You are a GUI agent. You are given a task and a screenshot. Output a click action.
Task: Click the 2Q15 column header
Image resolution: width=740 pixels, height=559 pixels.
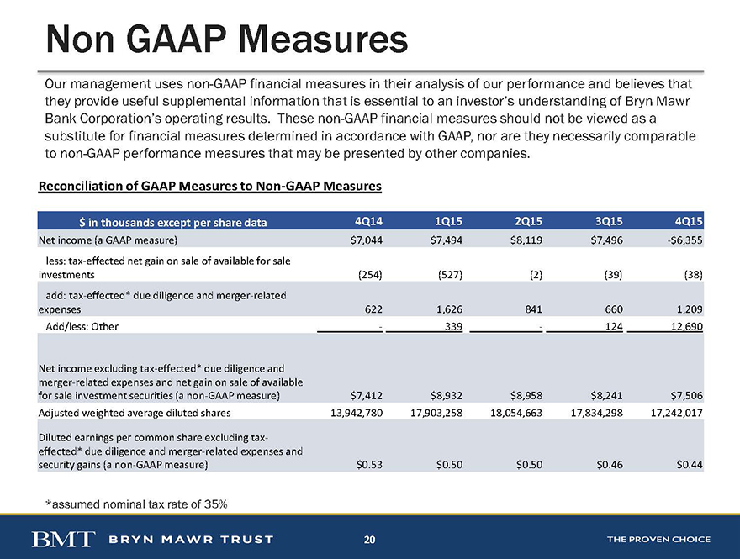click(528, 221)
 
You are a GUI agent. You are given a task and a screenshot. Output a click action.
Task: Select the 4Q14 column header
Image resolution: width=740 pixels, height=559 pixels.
click(368, 221)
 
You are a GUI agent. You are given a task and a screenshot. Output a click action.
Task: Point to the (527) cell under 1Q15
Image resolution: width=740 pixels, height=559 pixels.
click(450, 275)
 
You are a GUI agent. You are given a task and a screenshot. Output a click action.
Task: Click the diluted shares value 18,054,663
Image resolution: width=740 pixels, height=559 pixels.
click(516, 413)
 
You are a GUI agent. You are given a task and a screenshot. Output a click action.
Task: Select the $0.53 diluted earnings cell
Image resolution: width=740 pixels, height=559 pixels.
click(369, 465)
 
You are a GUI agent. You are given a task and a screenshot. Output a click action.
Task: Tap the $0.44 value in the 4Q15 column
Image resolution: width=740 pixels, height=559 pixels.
click(690, 465)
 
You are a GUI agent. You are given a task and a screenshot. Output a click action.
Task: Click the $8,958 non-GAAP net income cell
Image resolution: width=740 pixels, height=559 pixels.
click(526, 395)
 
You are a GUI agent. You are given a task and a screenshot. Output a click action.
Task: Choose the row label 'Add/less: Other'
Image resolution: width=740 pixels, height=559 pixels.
click(82, 326)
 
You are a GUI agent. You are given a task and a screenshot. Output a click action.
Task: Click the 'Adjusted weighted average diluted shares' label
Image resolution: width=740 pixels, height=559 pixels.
click(135, 413)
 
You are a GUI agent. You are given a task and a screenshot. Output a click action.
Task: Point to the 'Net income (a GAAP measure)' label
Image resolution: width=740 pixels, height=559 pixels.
click(108, 240)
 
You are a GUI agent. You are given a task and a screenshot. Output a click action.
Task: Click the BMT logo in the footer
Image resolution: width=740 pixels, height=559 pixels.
click(63, 539)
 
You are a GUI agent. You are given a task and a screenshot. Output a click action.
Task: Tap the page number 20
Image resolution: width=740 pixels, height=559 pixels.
click(369, 539)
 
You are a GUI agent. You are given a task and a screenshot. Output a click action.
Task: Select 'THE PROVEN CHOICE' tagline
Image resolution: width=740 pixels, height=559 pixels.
click(658, 539)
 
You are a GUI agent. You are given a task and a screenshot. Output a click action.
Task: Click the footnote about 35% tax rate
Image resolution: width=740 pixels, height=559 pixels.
click(136, 504)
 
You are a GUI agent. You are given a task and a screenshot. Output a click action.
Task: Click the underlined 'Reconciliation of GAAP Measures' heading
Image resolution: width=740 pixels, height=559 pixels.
click(209, 187)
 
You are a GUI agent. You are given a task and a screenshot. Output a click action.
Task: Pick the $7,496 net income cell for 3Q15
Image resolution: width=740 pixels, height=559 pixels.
click(606, 240)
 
